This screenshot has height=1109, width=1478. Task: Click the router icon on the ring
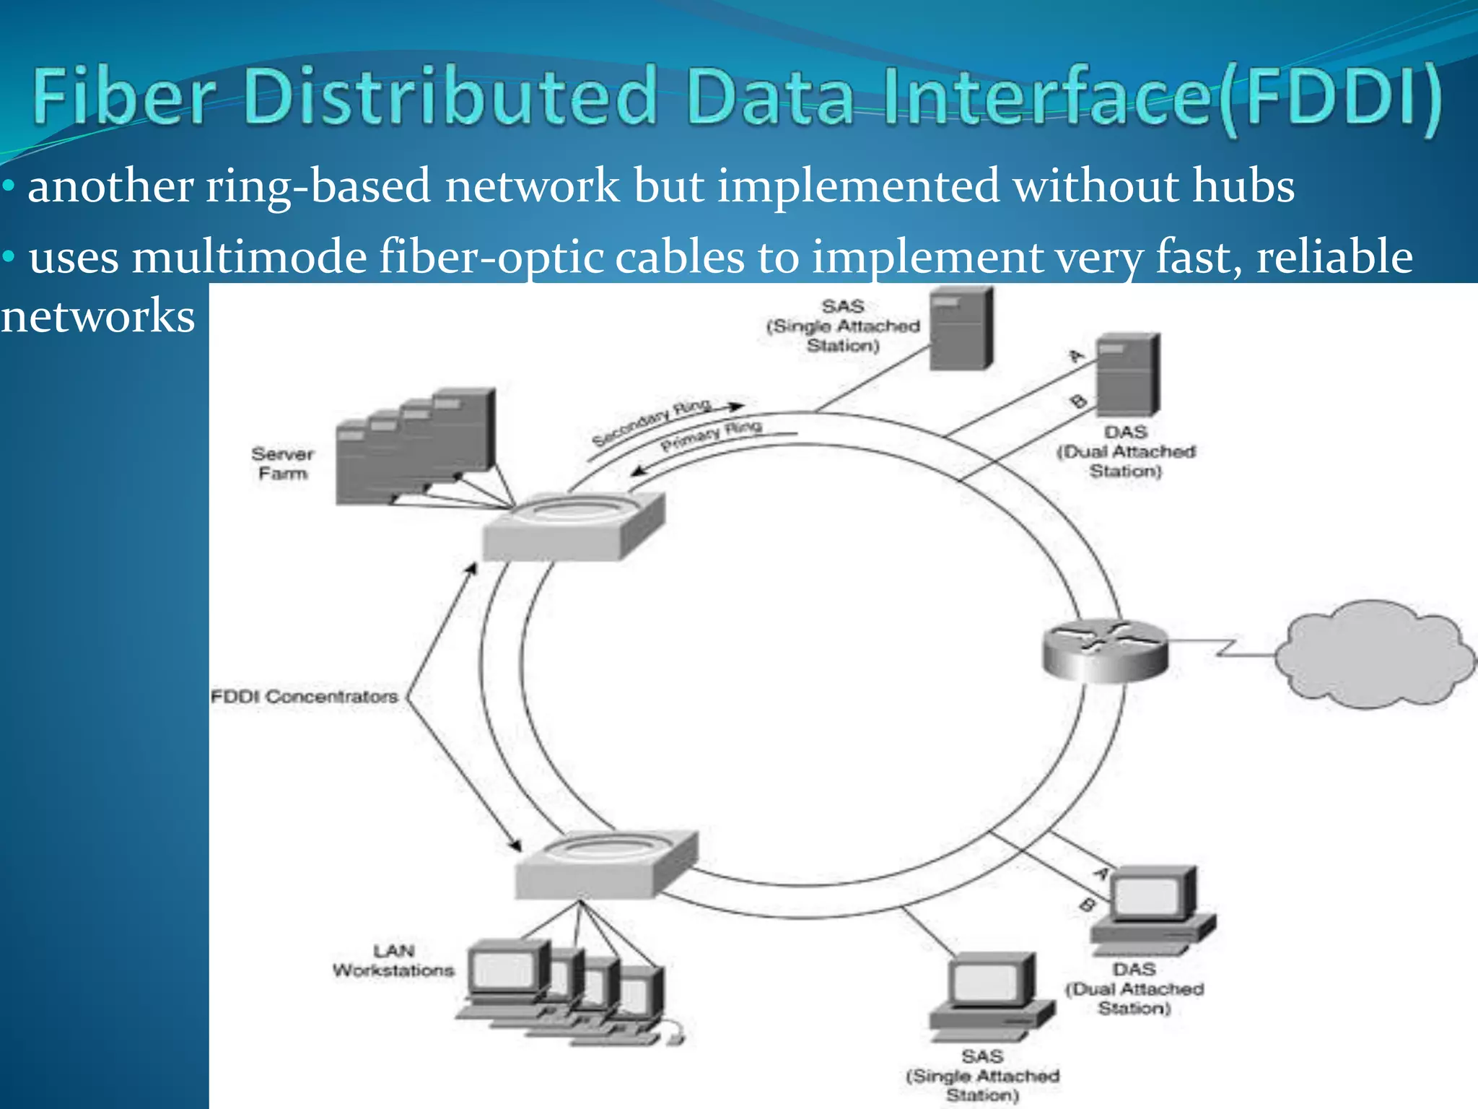(1104, 650)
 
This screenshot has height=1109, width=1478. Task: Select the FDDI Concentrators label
(304, 697)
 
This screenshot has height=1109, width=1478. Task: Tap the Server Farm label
(283, 464)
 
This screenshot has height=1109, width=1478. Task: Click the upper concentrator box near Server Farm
(572, 527)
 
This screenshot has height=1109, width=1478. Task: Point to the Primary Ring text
(712, 435)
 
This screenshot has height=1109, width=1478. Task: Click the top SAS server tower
(961, 329)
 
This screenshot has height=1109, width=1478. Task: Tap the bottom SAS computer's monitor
(989, 982)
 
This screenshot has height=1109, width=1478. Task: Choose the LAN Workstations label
(393, 961)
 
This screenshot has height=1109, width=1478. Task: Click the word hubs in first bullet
(1243, 186)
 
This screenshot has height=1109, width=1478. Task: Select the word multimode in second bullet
(249, 258)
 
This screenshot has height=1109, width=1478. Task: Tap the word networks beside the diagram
(97, 316)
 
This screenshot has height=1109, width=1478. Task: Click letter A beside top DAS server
(1076, 355)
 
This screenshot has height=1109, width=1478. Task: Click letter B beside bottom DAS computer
(1087, 905)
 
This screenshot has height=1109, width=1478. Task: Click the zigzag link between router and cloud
(1227, 647)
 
